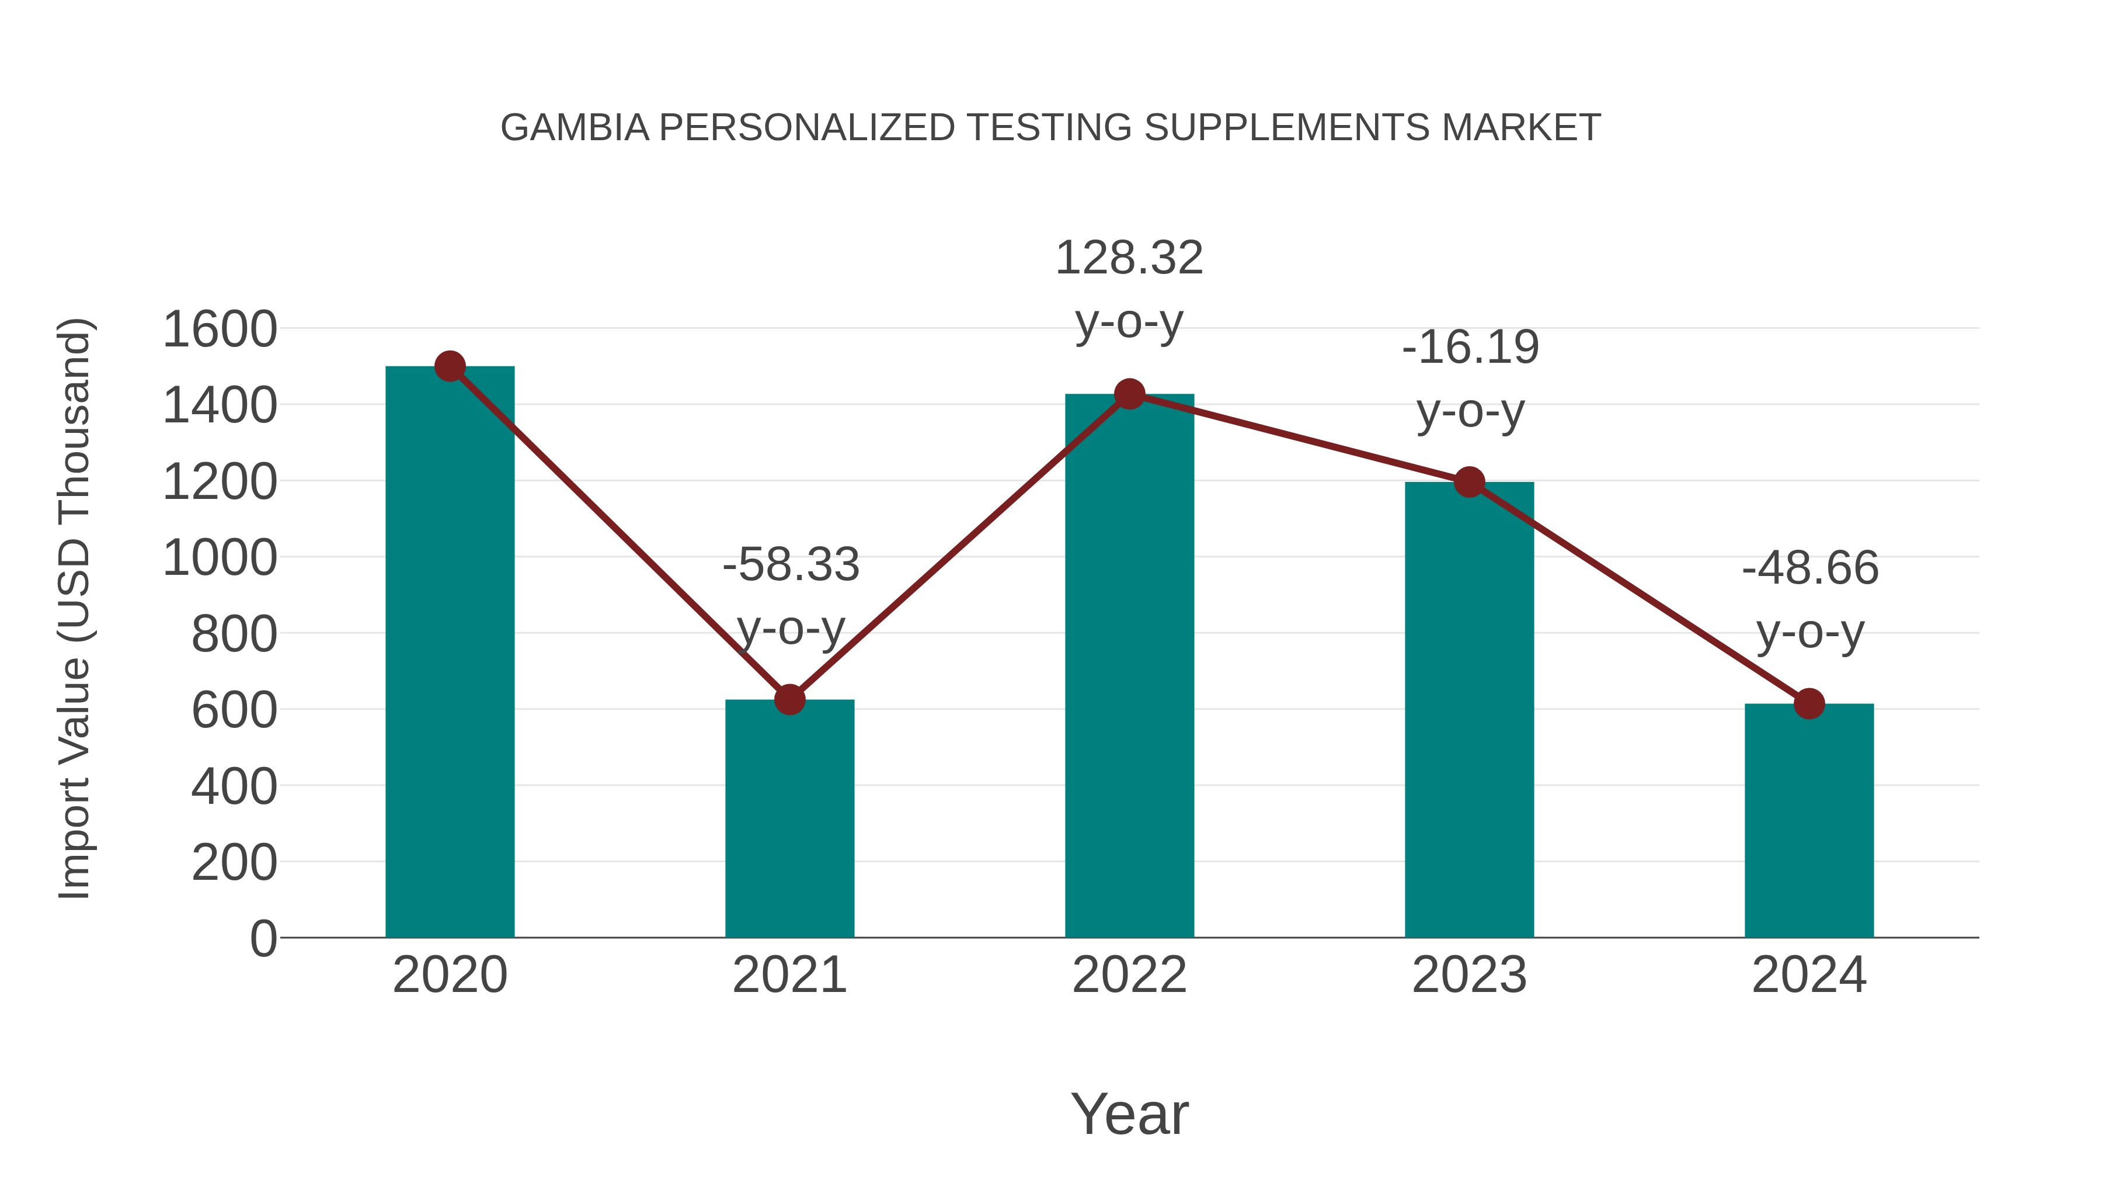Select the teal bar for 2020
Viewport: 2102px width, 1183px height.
(450, 653)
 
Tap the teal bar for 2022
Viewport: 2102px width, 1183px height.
(1129, 666)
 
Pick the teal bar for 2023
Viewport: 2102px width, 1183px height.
(1469, 710)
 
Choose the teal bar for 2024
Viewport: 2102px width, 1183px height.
(1809, 821)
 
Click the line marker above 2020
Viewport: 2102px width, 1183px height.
(450, 366)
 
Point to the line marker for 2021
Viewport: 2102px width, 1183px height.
(789, 700)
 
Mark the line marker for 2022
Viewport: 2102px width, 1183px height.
(1129, 394)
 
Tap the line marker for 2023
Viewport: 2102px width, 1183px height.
(1469, 483)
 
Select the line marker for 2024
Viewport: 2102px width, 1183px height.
(1809, 704)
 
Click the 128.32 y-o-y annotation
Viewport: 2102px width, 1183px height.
(1129, 290)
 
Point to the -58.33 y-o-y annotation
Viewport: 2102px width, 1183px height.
(791, 596)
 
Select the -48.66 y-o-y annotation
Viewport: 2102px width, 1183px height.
(1810, 599)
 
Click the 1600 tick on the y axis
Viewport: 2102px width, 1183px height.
(220, 330)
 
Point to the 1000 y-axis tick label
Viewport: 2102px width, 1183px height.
(220, 559)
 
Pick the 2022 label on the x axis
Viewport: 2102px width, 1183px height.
(1129, 975)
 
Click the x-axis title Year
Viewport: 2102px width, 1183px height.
(1129, 1113)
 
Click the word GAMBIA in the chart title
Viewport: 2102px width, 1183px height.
(575, 128)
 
